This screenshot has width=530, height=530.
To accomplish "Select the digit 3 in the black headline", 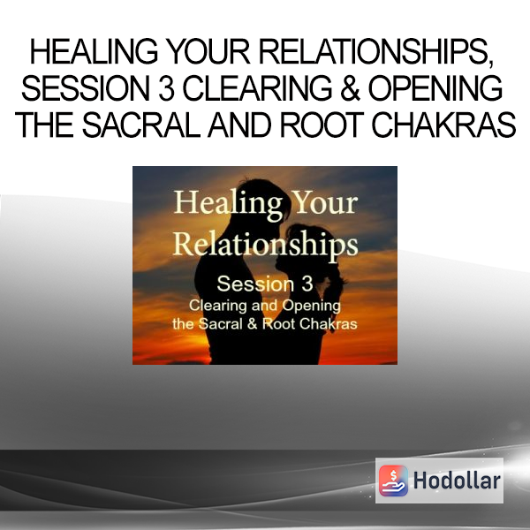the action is [167, 88].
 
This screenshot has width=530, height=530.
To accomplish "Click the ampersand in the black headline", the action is [350, 88].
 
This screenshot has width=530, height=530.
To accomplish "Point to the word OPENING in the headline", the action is [435, 88].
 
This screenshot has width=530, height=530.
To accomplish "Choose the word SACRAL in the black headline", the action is [142, 125].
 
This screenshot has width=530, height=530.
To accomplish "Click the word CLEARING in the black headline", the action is [257, 88].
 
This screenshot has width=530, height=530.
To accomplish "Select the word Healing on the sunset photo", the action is [228, 204].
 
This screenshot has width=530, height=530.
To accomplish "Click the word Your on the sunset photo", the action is [325, 203].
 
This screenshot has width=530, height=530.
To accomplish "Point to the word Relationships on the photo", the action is [265, 245].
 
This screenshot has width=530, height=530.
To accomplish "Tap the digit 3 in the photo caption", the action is [307, 284].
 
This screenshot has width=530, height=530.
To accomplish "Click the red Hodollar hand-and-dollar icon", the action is [393, 481].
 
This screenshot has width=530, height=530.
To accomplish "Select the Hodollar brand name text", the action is [457, 481].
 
